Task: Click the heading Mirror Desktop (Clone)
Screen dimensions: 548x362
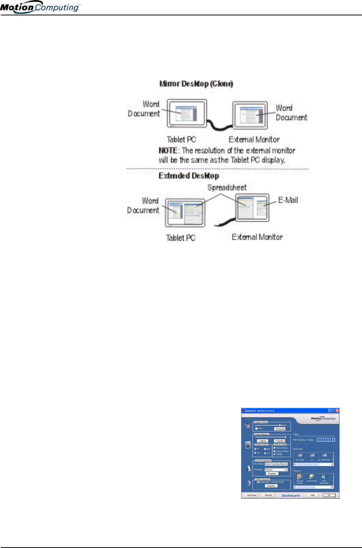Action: point(196,84)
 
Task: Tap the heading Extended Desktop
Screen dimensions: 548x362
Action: point(189,176)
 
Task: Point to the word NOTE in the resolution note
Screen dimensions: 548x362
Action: point(168,150)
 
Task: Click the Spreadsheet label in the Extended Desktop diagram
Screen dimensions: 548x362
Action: point(227,188)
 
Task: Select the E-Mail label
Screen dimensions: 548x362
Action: point(288,200)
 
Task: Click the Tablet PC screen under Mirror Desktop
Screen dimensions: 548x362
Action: point(187,113)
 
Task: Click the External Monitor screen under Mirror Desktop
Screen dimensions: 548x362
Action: point(250,115)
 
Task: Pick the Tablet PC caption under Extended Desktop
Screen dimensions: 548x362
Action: point(180,237)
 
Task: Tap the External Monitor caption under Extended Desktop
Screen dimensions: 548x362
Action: point(257,237)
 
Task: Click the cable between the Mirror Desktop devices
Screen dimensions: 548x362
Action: point(220,124)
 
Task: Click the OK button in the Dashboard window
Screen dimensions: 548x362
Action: point(329,495)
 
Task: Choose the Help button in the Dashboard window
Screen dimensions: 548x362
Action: point(312,495)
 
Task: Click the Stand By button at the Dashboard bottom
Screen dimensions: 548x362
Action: point(268,495)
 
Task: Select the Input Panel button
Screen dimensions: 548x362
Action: point(252,495)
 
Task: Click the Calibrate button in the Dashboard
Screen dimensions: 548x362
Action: point(263,441)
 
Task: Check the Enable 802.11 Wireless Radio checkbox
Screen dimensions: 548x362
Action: point(258,482)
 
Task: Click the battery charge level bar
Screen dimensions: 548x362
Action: point(325,439)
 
